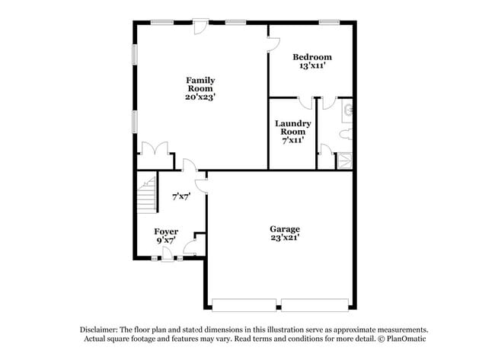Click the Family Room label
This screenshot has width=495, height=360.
pyautogui.click(x=201, y=88)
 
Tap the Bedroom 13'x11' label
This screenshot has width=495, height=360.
pyautogui.click(x=313, y=62)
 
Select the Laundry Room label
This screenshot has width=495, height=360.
pyautogui.click(x=292, y=132)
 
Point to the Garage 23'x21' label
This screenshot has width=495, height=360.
pyautogui.click(x=285, y=233)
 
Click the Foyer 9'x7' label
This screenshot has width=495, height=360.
pyautogui.click(x=166, y=235)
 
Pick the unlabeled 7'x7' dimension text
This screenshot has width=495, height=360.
pyautogui.click(x=180, y=196)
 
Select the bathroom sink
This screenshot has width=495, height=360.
pyautogui.click(x=348, y=111)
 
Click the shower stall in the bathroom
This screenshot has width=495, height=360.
pyautogui.click(x=345, y=160)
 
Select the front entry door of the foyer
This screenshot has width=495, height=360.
pyautogui.click(x=170, y=255)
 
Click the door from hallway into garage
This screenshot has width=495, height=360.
pyautogui.click(x=201, y=183)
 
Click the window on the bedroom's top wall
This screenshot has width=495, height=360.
pyautogui.click(x=329, y=21)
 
